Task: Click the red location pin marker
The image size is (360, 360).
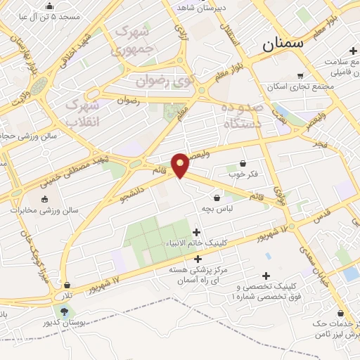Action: click(x=181, y=165)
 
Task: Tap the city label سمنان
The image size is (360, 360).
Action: click(x=286, y=44)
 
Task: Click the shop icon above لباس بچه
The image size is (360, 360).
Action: click(x=217, y=198)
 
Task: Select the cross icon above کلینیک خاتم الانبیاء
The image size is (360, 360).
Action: click(x=196, y=233)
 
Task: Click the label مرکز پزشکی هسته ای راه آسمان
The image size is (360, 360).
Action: click(x=190, y=275)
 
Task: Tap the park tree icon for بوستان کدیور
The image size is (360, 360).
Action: click(x=65, y=311)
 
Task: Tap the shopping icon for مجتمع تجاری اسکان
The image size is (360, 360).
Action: click(x=301, y=76)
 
